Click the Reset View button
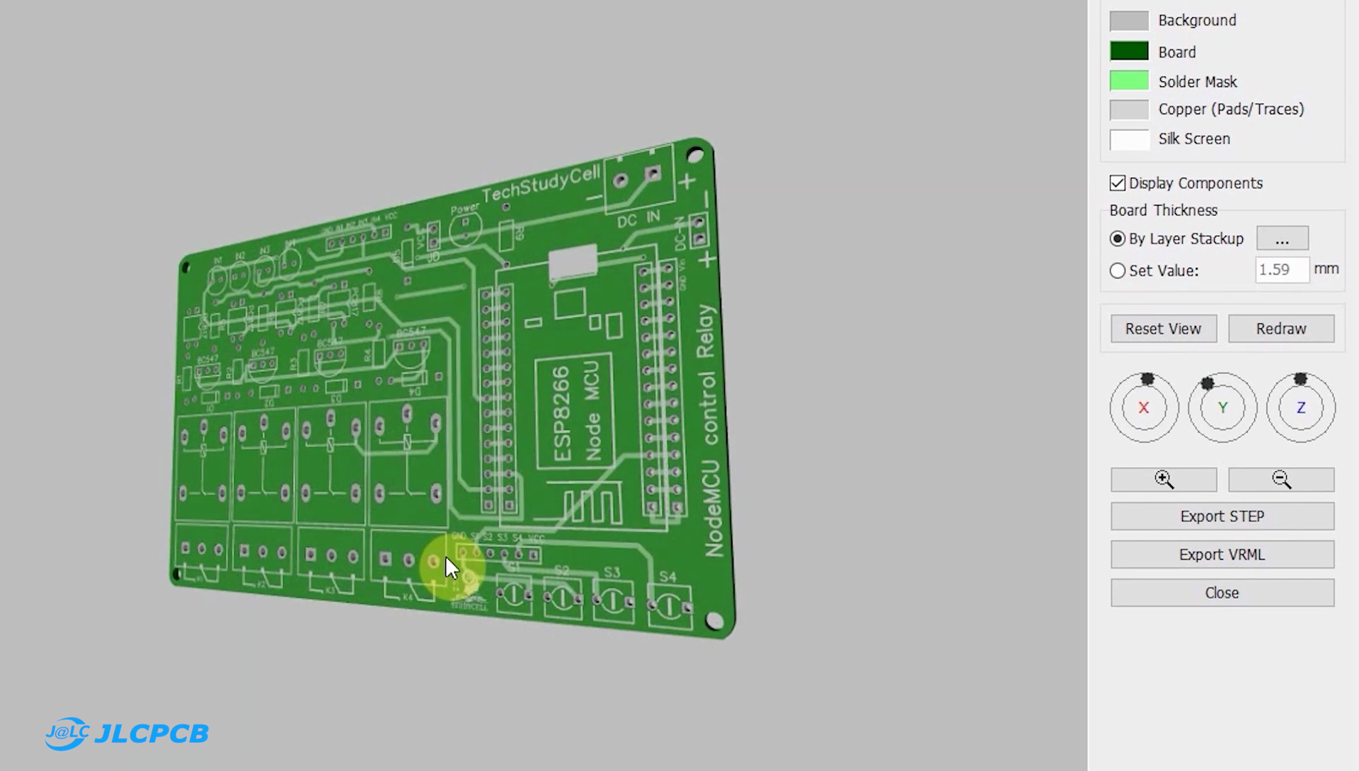point(1163,329)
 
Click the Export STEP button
point(1222,516)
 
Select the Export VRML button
point(1222,555)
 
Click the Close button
point(1222,593)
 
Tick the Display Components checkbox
point(1118,183)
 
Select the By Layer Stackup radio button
point(1118,239)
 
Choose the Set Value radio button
point(1118,271)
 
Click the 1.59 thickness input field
point(1281,269)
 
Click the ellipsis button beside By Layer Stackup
point(1282,238)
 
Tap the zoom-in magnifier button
point(1164,480)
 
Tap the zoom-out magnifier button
point(1281,480)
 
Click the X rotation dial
point(1144,407)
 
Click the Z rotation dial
point(1300,407)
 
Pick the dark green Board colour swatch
point(1129,52)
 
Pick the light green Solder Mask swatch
point(1129,81)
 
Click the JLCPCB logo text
point(151,734)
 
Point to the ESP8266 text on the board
point(561,414)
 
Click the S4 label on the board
point(667,577)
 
